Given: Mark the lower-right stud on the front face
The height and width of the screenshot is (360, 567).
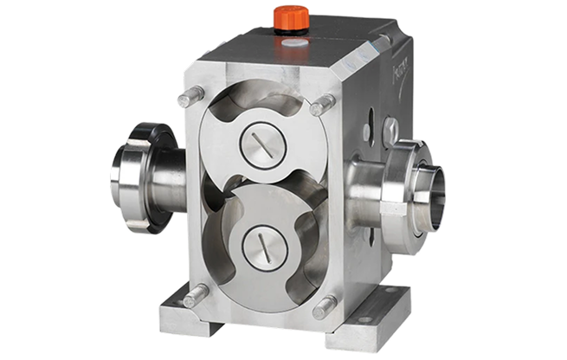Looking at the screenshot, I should click(x=326, y=305).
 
